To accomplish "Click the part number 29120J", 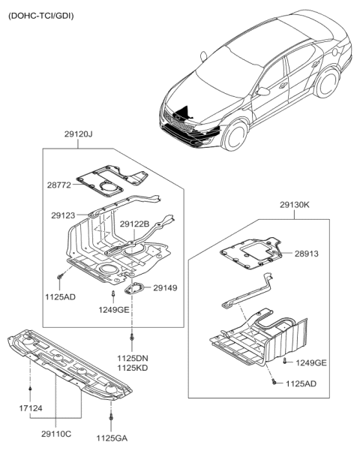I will click(x=77, y=136).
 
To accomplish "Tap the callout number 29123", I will click(x=64, y=215).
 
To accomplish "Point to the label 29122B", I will click(x=134, y=224).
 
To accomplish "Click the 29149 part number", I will click(x=166, y=287).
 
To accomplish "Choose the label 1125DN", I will click(x=132, y=359).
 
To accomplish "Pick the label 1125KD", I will click(x=132, y=369).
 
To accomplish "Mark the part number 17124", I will click(x=31, y=408).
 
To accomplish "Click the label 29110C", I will click(x=57, y=434).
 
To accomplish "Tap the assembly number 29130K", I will click(x=294, y=203).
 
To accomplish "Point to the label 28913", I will click(x=306, y=254).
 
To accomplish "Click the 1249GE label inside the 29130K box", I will click(x=310, y=363).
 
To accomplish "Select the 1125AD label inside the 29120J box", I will click(x=60, y=297).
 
